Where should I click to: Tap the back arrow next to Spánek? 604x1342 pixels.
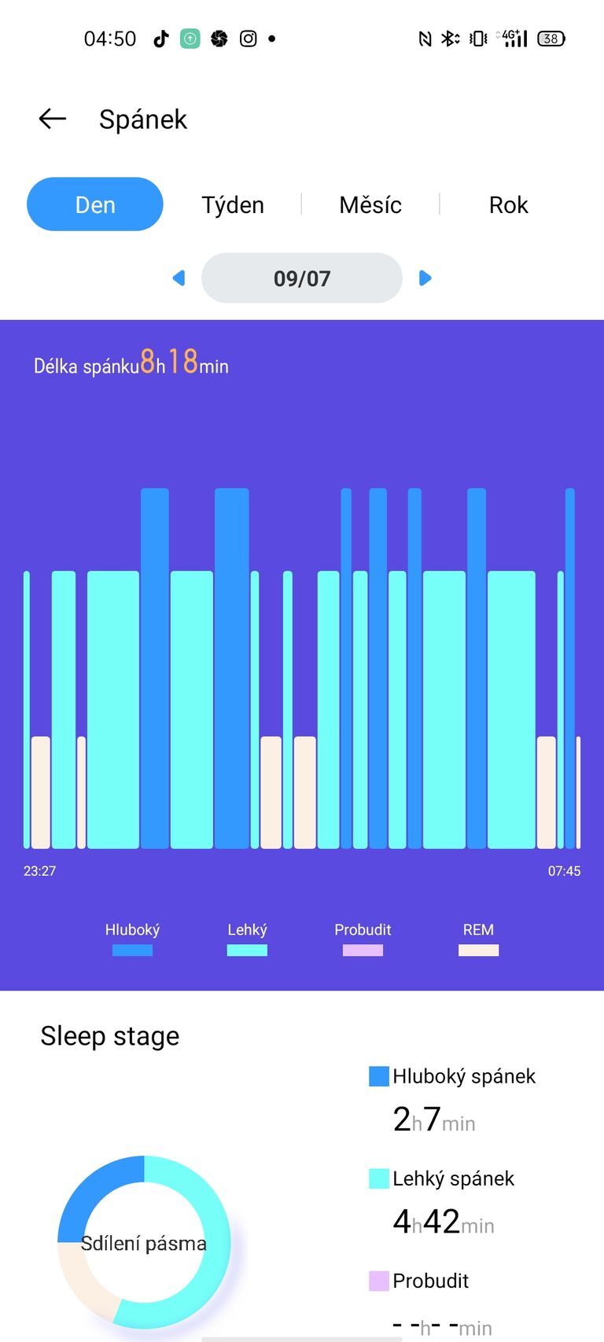52,119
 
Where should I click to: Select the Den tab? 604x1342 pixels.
95,204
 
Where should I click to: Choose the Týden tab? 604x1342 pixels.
233,204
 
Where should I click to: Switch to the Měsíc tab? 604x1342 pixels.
370,204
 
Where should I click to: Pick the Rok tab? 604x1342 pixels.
508,204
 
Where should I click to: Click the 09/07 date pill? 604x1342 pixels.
302,278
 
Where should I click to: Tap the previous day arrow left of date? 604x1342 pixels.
179,278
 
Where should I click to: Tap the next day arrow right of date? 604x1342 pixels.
425,278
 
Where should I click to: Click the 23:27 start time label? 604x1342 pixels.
39,871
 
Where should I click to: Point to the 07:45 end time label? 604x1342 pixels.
564,871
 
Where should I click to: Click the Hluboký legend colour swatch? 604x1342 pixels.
132,950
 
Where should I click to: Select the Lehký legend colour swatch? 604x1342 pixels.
247,950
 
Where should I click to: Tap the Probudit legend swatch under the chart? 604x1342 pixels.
363,950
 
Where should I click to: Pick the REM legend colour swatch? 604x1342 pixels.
478,950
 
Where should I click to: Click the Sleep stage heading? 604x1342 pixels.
110,1036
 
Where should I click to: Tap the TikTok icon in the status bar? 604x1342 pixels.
161,39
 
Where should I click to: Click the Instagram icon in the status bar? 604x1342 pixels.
248,39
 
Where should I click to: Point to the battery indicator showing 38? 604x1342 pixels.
551,39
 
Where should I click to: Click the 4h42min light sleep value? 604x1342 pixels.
443,1223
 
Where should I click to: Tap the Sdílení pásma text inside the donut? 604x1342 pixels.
144,1244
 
